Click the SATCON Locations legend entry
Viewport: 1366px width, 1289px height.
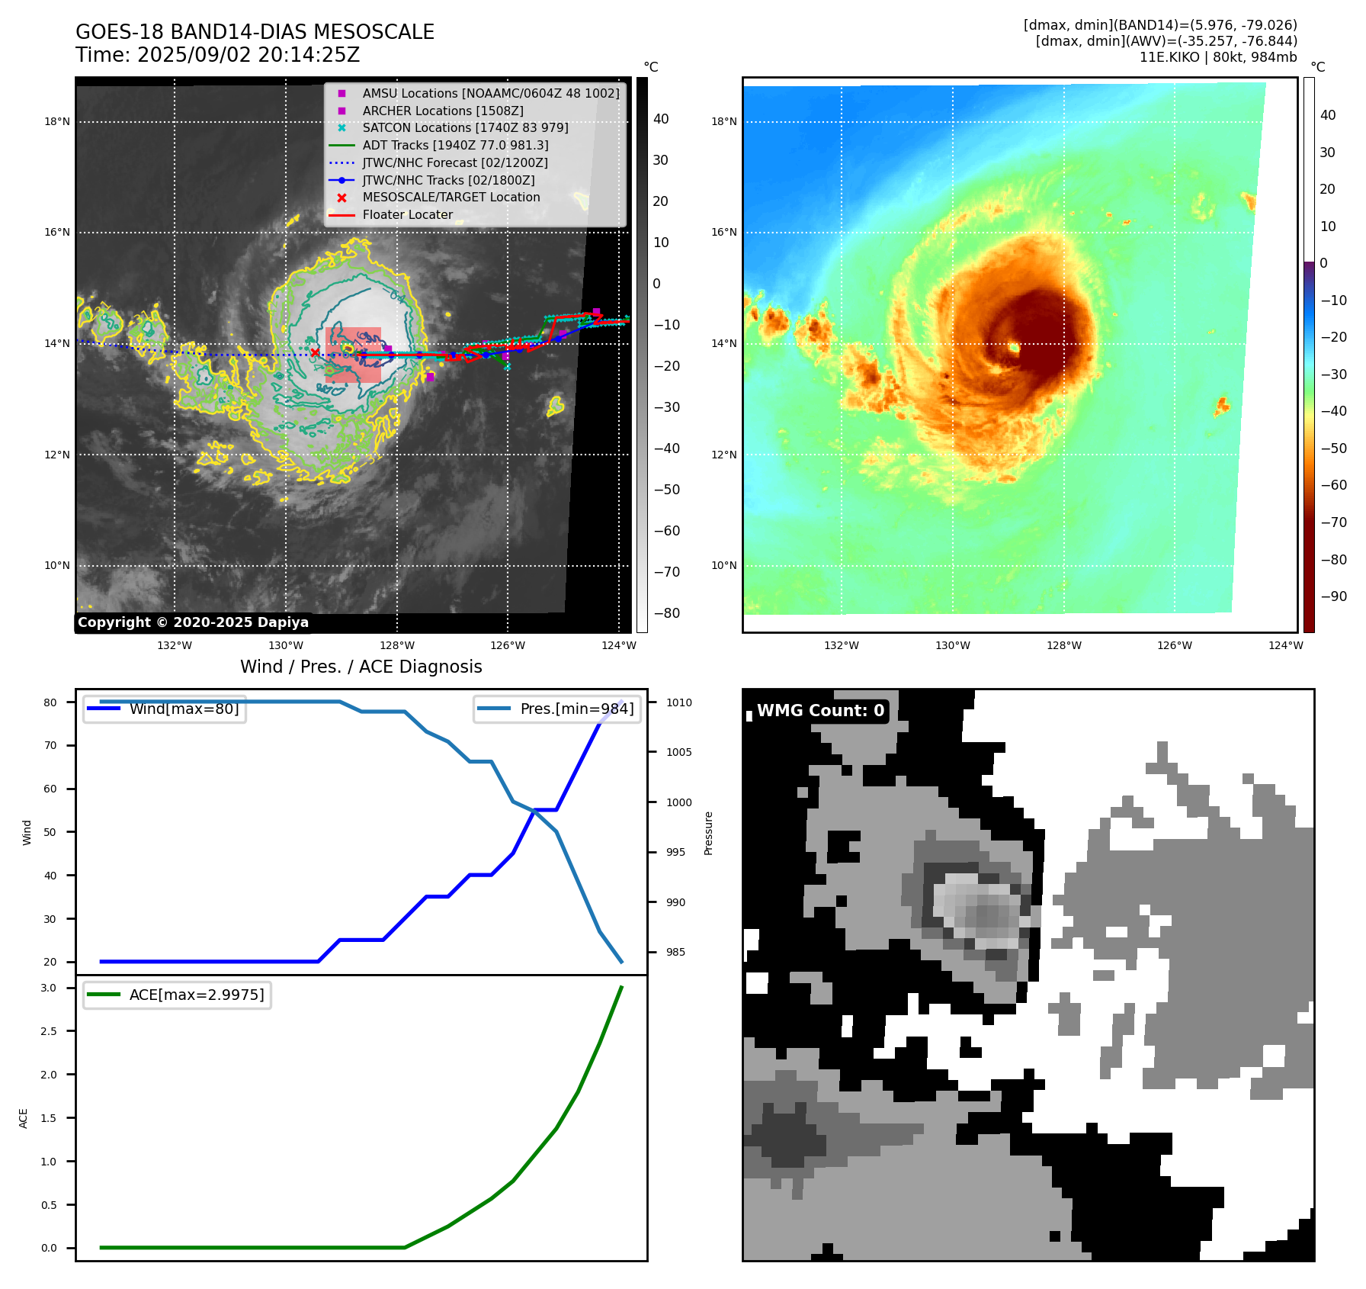pos(465,128)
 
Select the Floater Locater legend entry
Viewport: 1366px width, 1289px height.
pos(407,215)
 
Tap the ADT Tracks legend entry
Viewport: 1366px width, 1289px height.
pos(455,146)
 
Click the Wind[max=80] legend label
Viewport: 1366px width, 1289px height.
pos(184,709)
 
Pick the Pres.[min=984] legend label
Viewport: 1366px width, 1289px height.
pos(576,709)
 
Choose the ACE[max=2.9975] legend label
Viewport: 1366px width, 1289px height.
pos(197,995)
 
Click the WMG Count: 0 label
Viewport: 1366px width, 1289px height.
pos(820,711)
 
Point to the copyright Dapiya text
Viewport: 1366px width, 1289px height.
pos(193,622)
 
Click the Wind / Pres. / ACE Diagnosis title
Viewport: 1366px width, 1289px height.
pos(361,667)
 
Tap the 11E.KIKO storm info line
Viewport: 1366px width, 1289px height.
pos(1217,57)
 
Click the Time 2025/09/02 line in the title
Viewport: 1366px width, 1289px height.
pos(217,55)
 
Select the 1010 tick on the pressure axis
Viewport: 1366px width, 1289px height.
pos(678,702)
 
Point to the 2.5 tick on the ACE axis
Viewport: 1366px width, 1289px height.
pos(49,1031)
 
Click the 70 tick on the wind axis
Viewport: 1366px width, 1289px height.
pos(50,745)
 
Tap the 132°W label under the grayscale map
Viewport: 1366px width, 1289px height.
pos(175,645)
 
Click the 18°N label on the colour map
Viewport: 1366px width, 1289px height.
pos(723,121)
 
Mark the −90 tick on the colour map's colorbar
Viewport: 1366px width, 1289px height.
pos(1333,596)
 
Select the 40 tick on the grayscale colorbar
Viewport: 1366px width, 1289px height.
pos(661,119)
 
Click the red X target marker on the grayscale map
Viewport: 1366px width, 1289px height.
pos(315,352)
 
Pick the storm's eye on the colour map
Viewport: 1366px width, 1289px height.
pos(1014,348)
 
